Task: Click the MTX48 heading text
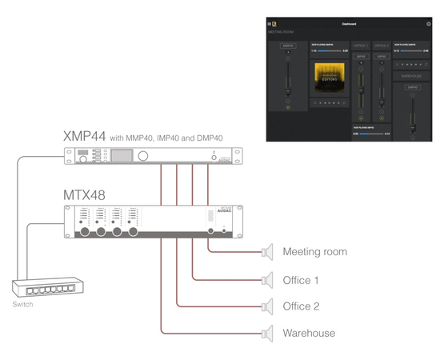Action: coord(84,195)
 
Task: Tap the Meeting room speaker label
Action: coord(314,252)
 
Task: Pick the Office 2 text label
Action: coord(302,306)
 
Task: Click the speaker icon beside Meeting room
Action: coord(269,252)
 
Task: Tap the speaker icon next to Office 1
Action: coord(269,279)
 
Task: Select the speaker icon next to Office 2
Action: coord(269,306)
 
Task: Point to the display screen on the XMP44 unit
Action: coord(122,157)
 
